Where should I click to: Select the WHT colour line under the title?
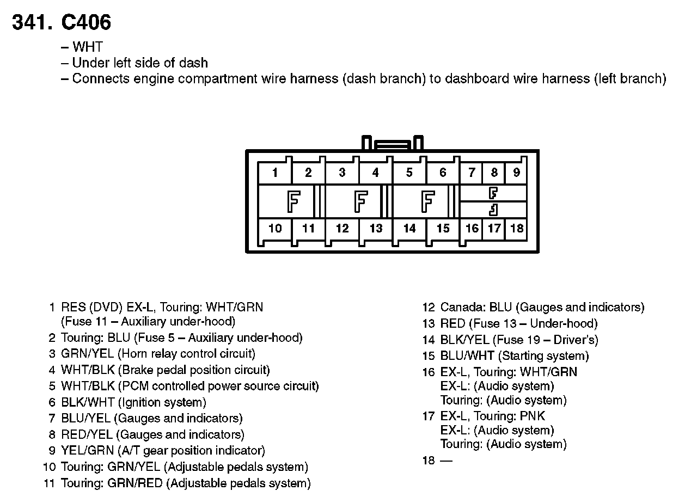tap(87, 47)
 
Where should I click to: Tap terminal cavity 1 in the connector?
tap(275, 173)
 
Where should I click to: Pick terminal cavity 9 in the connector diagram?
tap(516, 173)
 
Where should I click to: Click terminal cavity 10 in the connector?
tap(275, 229)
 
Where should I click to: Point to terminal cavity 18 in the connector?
tap(516, 229)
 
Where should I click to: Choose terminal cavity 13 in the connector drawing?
tap(376, 229)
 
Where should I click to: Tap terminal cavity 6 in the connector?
tap(443, 173)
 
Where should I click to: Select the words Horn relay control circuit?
tap(187, 354)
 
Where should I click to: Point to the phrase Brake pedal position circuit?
tap(194, 370)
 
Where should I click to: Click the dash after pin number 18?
tap(446, 461)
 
